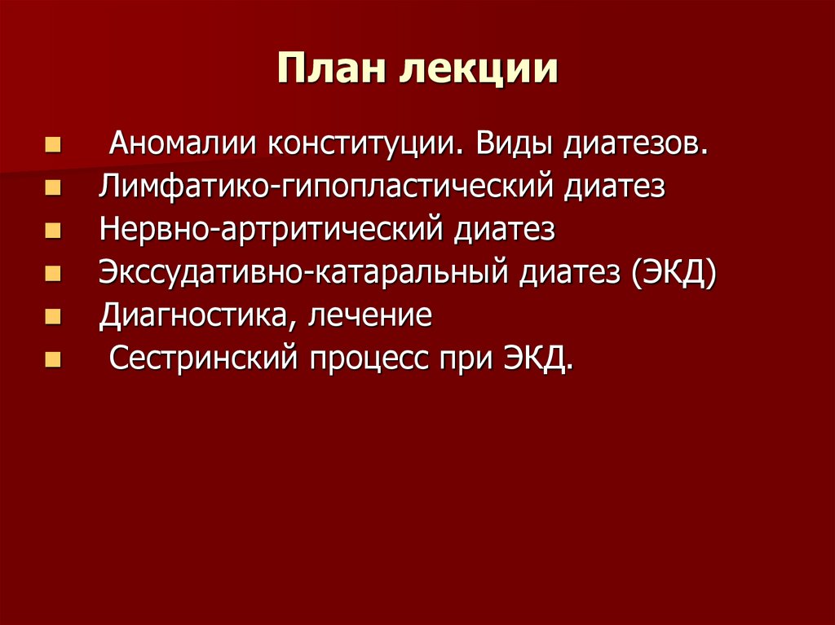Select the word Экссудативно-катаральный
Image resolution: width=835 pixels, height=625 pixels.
[303, 272]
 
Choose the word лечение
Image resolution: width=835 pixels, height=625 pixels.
[370, 315]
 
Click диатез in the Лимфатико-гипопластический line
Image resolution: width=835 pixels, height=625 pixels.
[613, 187]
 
